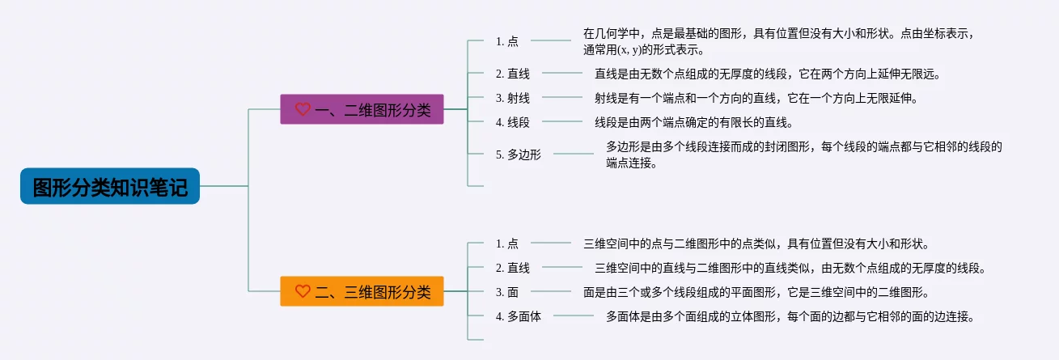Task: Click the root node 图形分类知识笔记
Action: pyautogui.click(x=110, y=186)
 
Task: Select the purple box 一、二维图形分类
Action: pyautogui.click(x=362, y=109)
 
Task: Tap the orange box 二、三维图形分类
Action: pyautogui.click(x=362, y=291)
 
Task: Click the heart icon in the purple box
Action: pyautogui.click(x=303, y=109)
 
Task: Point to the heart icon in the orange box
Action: pyautogui.click(x=303, y=291)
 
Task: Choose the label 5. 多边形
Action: pyautogui.click(x=518, y=155)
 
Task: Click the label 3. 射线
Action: pyautogui.click(x=512, y=98)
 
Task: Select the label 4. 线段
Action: pyautogui.click(x=512, y=122)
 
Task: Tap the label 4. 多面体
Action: pyautogui.click(x=518, y=316)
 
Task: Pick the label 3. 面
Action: pyautogui.click(x=506, y=292)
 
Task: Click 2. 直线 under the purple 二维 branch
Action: pyautogui.click(x=512, y=74)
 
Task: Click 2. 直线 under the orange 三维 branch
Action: pyautogui.click(x=512, y=268)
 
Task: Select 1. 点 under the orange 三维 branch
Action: pyautogui.click(x=506, y=244)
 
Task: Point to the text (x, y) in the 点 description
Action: pyautogui.click(x=629, y=49)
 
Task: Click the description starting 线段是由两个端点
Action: pyautogui.click(x=694, y=122)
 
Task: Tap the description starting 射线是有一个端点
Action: pyautogui.click(x=756, y=98)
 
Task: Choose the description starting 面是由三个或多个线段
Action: pyautogui.click(x=756, y=292)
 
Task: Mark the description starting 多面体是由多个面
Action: pyautogui.click(x=790, y=316)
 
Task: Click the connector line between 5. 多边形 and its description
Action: pyautogui.click(x=573, y=154)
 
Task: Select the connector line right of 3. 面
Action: pyautogui.click(x=550, y=291)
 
